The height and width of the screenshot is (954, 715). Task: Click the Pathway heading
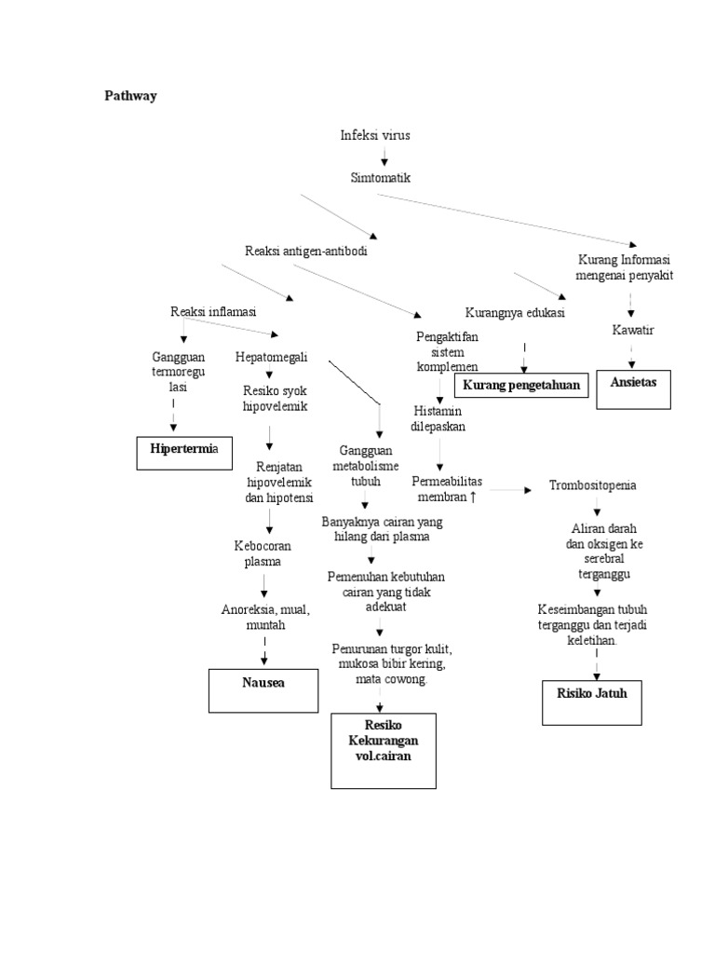click(x=130, y=96)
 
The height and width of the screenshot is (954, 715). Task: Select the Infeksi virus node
click(x=375, y=135)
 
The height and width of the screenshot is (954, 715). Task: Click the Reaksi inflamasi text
click(x=213, y=311)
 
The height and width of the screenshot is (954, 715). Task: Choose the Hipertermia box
click(x=184, y=450)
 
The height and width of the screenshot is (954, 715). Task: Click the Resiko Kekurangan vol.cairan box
click(x=383, y=751)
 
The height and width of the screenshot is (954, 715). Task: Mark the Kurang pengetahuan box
click(x=521, y=384)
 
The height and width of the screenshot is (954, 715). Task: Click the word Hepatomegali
click(x=272, y=357)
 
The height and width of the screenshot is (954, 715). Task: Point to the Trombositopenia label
click(x=593, y=486)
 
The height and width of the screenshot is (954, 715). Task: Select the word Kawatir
click(x=633, y=331)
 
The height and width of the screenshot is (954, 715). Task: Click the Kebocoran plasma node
click(x=263, y=554)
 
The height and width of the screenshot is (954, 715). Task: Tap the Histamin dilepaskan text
click(x=438, y=418)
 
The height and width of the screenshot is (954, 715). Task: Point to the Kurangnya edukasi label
click(x=515, y=312)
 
